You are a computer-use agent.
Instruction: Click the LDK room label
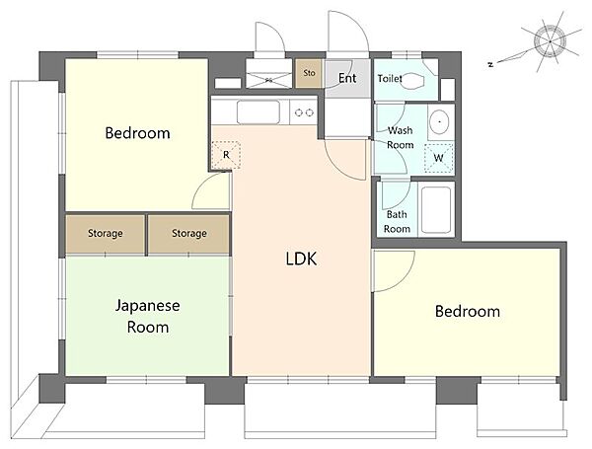301,260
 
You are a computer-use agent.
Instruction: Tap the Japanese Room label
148,317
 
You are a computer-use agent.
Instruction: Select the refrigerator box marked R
226,155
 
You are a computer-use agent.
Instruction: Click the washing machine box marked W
438,158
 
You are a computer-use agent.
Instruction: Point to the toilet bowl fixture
412,81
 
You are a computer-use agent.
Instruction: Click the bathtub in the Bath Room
436,210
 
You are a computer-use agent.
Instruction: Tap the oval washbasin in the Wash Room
439,121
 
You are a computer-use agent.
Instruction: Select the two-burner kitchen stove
304,112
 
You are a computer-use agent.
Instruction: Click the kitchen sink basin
259,112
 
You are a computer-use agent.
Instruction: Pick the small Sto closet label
309,73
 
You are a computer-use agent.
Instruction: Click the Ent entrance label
347,78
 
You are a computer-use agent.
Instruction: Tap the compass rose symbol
550,41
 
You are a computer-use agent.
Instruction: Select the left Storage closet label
106,233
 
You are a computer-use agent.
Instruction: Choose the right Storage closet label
189,233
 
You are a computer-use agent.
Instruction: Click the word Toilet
390,79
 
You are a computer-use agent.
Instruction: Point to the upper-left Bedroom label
137,133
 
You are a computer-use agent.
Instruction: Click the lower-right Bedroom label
468,312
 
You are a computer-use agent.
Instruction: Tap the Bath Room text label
397,222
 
